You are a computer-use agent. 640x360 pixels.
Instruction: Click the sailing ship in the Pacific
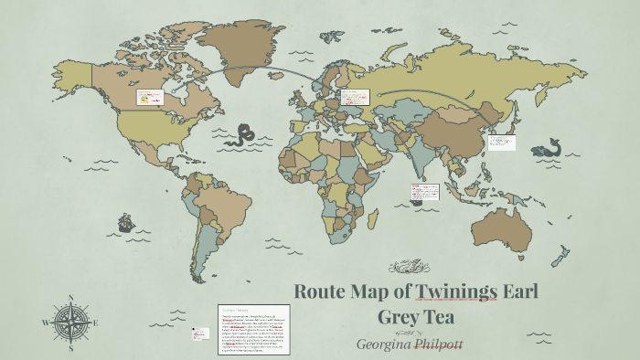coord(124,222)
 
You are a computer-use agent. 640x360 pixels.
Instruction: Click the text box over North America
coord(149,98)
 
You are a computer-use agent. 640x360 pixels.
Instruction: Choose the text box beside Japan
coord(501,142)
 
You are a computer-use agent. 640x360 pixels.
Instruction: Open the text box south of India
coord(425,193)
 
